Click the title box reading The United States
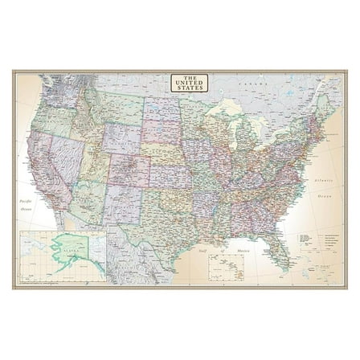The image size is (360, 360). coord(190,83)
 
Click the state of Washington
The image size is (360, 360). coord(56,91)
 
